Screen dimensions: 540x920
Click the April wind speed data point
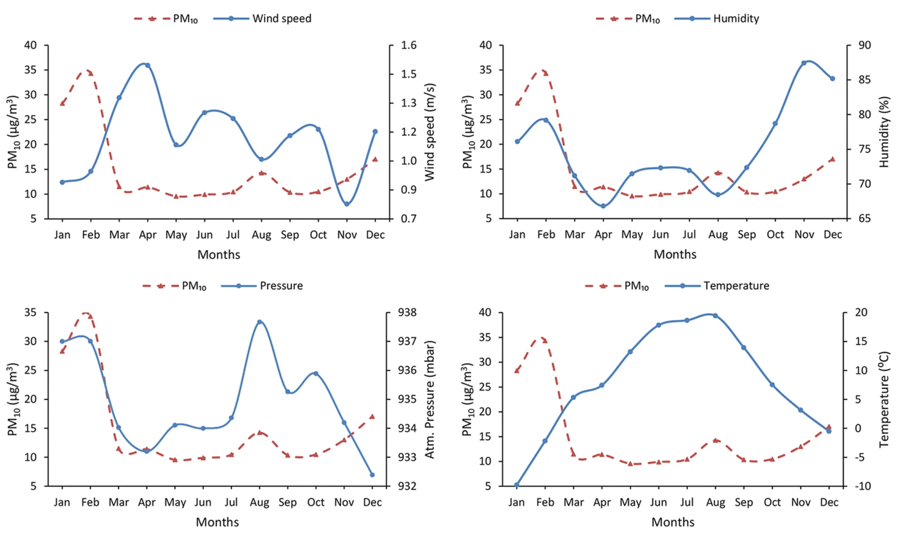(x=148, y=65)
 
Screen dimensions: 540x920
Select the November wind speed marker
(x=347, y=204)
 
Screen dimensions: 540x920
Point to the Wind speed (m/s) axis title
(x=430, y=132)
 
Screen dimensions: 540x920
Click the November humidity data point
(x=804, y=63)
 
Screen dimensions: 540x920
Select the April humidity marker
(x=603, y=206)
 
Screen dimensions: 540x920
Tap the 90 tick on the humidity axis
(x=864, y=45)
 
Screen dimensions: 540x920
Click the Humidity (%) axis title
(x=884, y=132)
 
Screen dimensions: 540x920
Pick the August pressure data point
(x=259, y=322)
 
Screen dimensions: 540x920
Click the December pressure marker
(x=372, y=475)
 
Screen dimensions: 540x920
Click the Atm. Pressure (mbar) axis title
(x=430, y=400)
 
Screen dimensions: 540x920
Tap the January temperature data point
(x=516, y=485)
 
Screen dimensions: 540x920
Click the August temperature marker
(x=715, y=316)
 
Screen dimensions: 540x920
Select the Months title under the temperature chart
(x=673, y=522)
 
